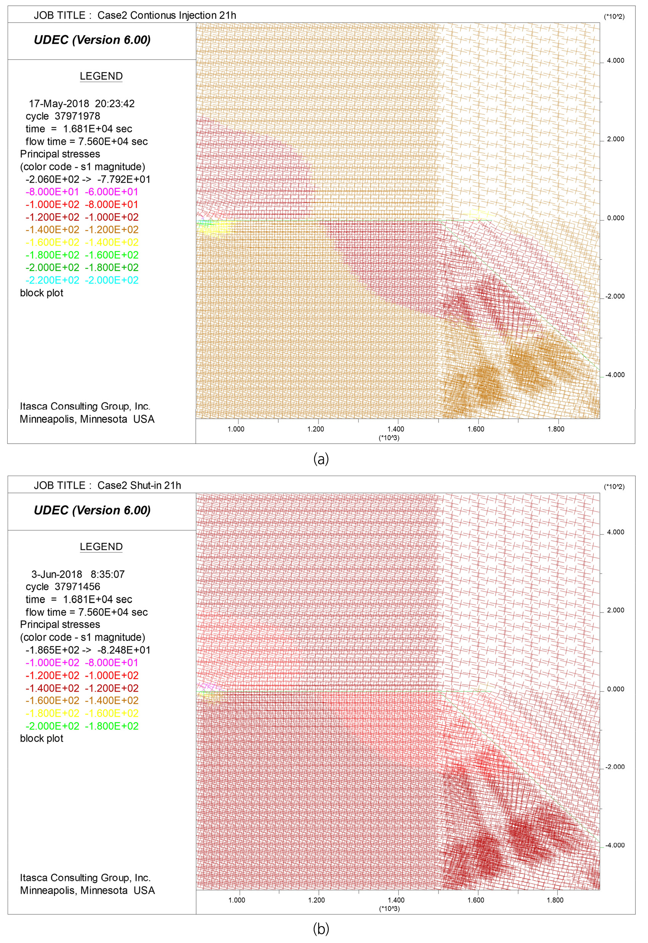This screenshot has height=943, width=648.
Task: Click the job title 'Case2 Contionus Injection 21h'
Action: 166,15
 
